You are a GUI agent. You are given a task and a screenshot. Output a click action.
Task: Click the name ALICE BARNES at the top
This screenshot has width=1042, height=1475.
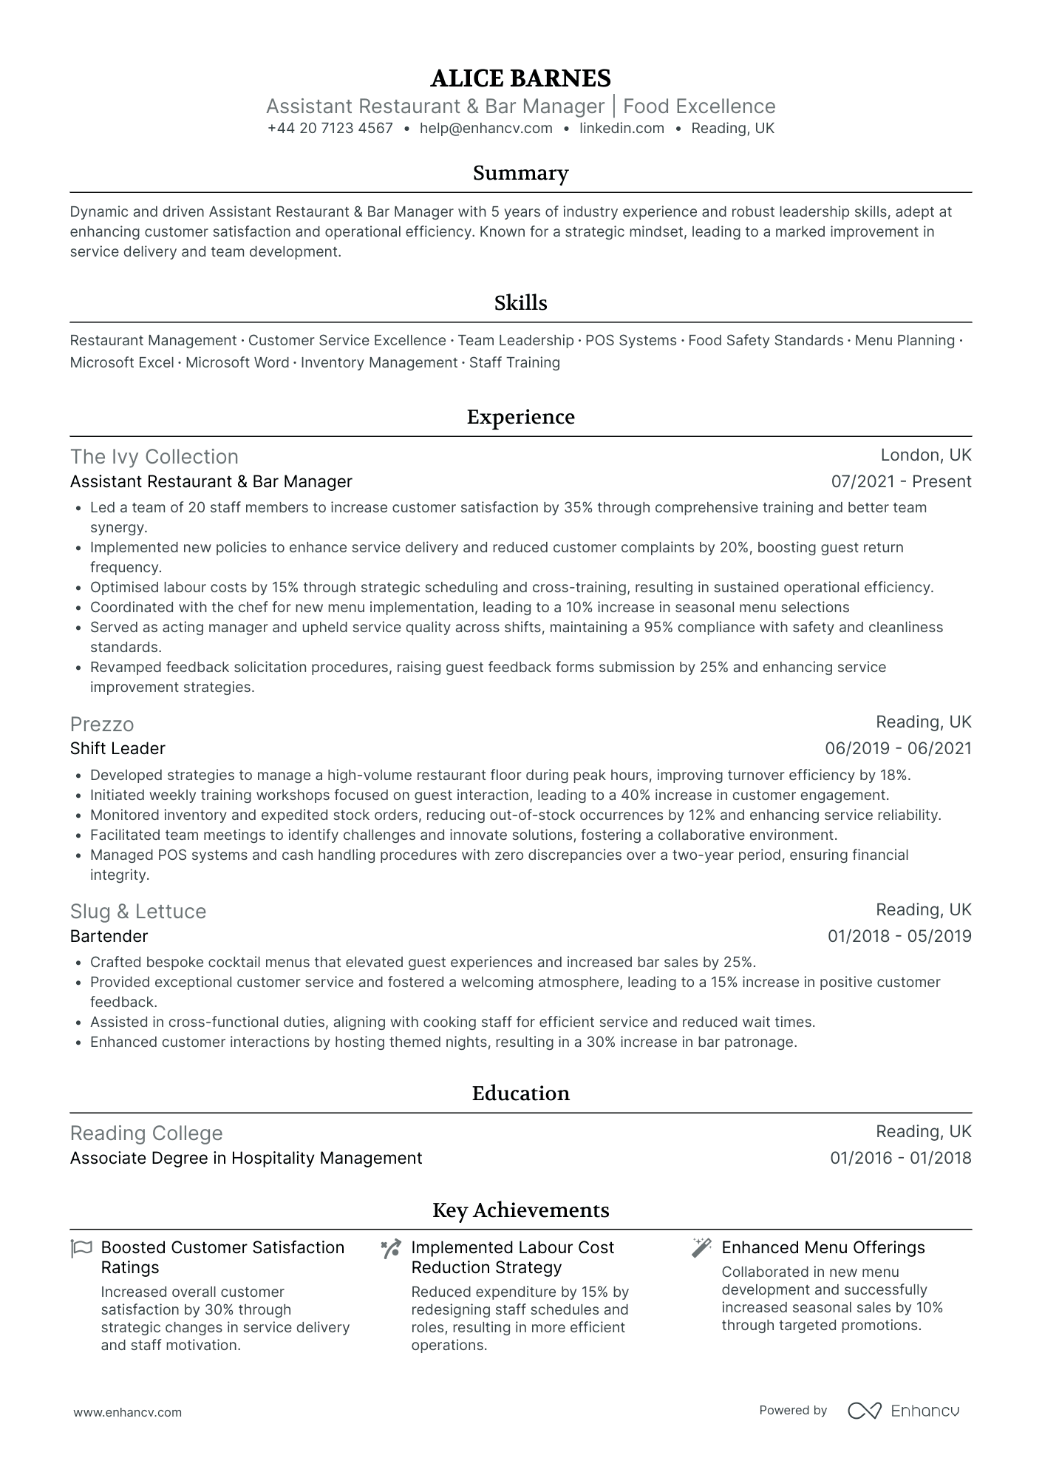(x=520, y=78)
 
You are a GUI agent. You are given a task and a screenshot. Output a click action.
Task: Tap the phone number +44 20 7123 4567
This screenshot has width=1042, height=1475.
(x=330, y=129)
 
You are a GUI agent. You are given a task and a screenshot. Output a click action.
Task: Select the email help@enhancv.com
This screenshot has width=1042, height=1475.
(x=486, y=129)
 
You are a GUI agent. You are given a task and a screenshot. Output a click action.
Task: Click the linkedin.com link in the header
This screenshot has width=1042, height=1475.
(x=622, y=129)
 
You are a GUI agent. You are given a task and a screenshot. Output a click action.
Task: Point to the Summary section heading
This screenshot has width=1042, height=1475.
(x=520, y=173)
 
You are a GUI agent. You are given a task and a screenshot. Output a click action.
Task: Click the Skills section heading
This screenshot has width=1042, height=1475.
(x=520, y=303)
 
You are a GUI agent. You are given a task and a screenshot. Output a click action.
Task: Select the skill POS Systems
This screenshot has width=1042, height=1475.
(x=630, y=341)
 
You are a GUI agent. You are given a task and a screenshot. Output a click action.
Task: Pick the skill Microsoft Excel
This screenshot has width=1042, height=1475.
(x=122, y=363)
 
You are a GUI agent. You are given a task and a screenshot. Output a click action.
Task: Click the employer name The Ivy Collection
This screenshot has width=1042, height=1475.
(x=154, y=457)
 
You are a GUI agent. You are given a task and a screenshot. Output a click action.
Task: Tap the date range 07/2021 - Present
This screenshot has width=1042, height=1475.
(x=901, y=482)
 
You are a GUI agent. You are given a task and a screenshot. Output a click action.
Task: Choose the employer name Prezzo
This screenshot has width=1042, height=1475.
(x=102, y=725)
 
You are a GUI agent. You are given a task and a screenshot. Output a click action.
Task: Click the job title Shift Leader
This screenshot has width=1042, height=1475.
(x=118, y=749)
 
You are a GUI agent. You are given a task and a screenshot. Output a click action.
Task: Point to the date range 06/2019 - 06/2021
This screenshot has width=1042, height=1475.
(x=898, y=749)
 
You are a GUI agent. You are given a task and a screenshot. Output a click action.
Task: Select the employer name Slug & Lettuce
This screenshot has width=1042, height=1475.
(x=138, y=912)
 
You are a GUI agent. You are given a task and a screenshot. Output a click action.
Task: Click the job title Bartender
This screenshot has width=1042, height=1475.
(x=109, y=937)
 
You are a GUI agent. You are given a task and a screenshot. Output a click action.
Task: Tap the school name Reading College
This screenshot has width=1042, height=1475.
(x=146, y=1133)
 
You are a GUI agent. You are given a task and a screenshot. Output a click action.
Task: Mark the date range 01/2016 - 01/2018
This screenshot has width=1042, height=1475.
(x=900, y=1159)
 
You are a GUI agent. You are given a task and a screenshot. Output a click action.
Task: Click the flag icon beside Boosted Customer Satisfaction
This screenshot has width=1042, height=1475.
(x=81, y=1249)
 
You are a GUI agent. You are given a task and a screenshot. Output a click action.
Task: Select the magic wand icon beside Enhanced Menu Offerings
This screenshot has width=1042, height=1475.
(x=701, y=1249)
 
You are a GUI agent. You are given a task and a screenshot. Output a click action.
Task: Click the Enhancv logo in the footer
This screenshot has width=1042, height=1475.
(x=903, y=1411)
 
